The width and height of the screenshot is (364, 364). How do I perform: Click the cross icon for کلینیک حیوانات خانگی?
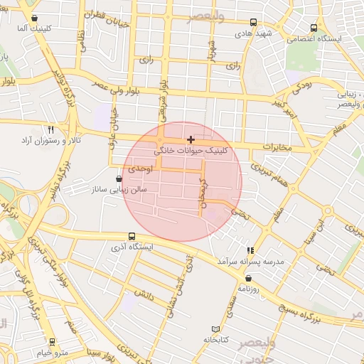pyautogui.click(x=191, y=139)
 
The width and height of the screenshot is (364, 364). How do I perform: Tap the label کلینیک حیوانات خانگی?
pyautogui.click(x=191, y=151)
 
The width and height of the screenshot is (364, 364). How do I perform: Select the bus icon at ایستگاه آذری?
pyautogui.click(x=132, y=236)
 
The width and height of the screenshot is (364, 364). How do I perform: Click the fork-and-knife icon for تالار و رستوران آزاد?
pyautogui.click(x=50, y=130)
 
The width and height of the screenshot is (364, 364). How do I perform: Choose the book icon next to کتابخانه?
pyautogui.click(x=215, y=329)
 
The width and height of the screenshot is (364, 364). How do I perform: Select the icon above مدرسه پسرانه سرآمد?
pyautogui.click(x=250, y=250)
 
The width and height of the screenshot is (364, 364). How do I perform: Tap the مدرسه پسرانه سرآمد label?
pyautogui.click(x=250, y=262)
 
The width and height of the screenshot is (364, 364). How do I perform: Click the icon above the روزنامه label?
pyautogui.click(x=250, y=278)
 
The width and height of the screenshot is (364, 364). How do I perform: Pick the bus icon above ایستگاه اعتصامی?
pyautogui.click(x=314, y=28)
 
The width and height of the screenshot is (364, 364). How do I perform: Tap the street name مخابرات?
pyautogui.click(x=277, y=147)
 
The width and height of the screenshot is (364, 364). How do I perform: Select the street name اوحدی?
pyautogui.click(x=141, y=168)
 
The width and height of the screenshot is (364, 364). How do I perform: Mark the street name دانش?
pyautogui.click(x=142, y=293)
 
